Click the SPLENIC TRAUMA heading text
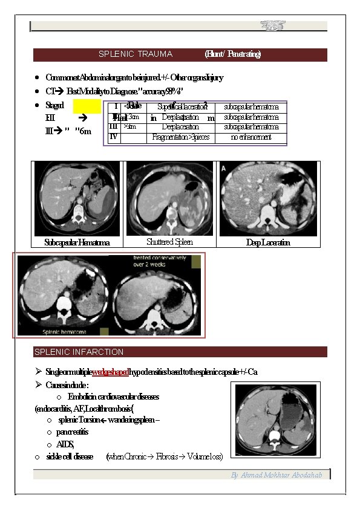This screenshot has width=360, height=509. (135, 54)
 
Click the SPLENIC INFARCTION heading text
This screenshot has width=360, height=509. (79, 352)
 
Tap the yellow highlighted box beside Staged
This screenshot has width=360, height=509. (87, 107)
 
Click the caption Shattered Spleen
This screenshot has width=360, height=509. (169, 242)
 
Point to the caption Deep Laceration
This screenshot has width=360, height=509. (267, 243)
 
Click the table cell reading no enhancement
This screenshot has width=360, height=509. (251, 138)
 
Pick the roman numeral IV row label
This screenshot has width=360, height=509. (113, 137)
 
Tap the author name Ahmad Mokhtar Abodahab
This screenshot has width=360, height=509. (280, 475)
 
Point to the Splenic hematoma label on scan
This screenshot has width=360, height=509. (64, 332)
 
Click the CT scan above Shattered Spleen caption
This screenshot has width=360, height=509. (169, 199)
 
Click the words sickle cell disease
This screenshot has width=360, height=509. (70, 456)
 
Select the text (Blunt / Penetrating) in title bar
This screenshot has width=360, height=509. (233, 54)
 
